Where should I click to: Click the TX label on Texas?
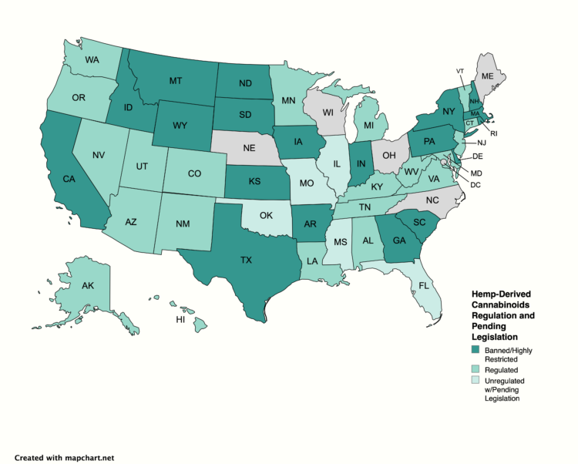(246, 261)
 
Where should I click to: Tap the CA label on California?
(69, 180)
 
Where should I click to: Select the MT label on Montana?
(175, 80)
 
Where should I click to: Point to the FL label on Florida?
(423, 285)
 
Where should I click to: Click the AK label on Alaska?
(88, 286)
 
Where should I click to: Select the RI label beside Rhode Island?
(495, 133)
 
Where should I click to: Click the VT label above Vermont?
(460, 71)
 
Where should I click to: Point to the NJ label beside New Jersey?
(482, 143)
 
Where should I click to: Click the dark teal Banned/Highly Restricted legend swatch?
(476, 351)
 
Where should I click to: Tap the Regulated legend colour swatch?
(476, 369)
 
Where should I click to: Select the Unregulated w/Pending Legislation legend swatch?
(476, 382)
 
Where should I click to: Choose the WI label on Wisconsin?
(328, 113)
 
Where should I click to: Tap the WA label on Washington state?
(92, 59)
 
